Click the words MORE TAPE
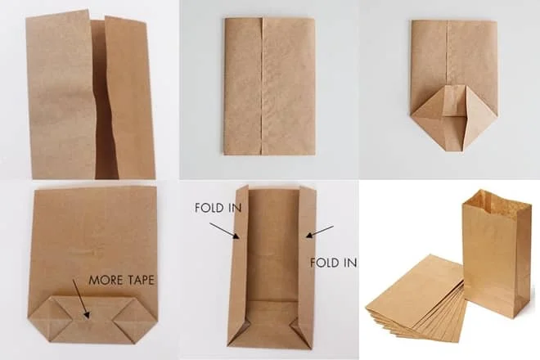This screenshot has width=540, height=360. click(121, 280)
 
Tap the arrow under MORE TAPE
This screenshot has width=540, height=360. click(81, 299)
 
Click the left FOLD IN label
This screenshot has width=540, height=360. click(218, 208)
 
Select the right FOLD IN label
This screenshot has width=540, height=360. click(333, 263)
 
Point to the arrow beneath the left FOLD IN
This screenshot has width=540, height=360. click(224, 231)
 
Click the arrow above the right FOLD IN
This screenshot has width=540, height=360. click(320, 232)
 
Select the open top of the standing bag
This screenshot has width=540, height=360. click(495, 201)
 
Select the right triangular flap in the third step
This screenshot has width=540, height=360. click(481, 117)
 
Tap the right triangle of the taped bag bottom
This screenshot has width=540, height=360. click(137, 319)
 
